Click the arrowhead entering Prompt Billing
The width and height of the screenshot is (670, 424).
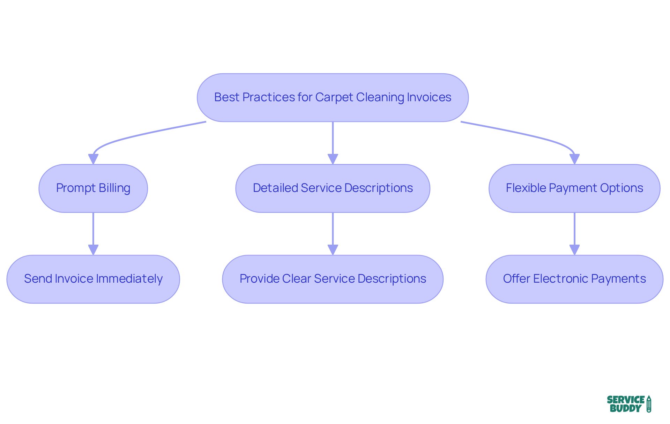tap(93, 159)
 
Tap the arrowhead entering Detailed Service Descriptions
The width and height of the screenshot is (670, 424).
tap(333, 159)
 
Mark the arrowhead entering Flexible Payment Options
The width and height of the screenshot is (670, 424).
tap(574, 159)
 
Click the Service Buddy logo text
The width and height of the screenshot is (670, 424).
tap(626, 404)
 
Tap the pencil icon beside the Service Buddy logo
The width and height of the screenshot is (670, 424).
tap(649, 404)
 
